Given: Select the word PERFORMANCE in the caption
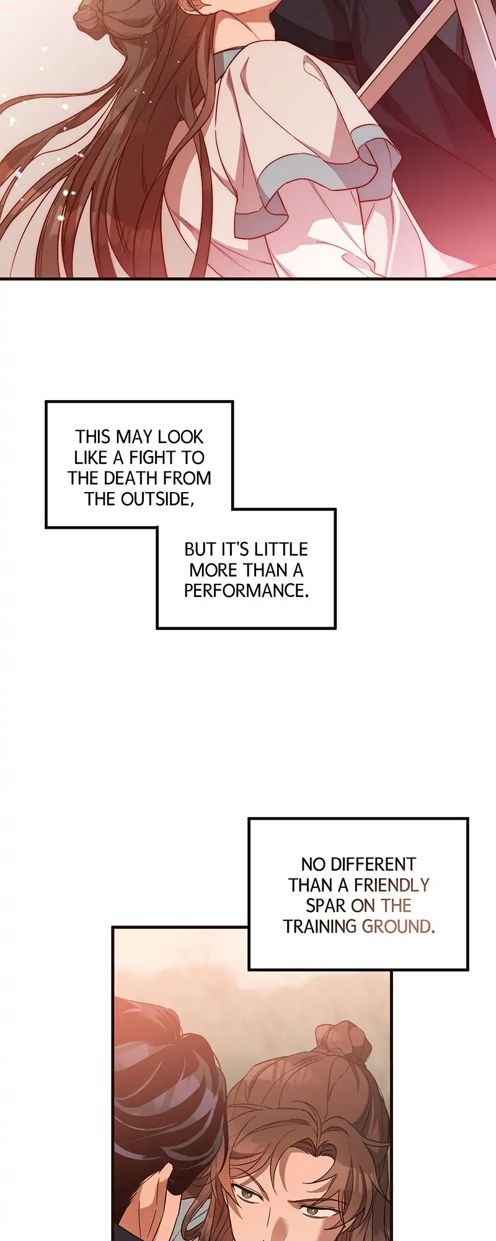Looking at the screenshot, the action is coord(246,590).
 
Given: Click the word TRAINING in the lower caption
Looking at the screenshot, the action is coord(319,926).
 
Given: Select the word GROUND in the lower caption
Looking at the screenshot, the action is coord(397,926).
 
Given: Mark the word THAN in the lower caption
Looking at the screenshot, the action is coord(311,885).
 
